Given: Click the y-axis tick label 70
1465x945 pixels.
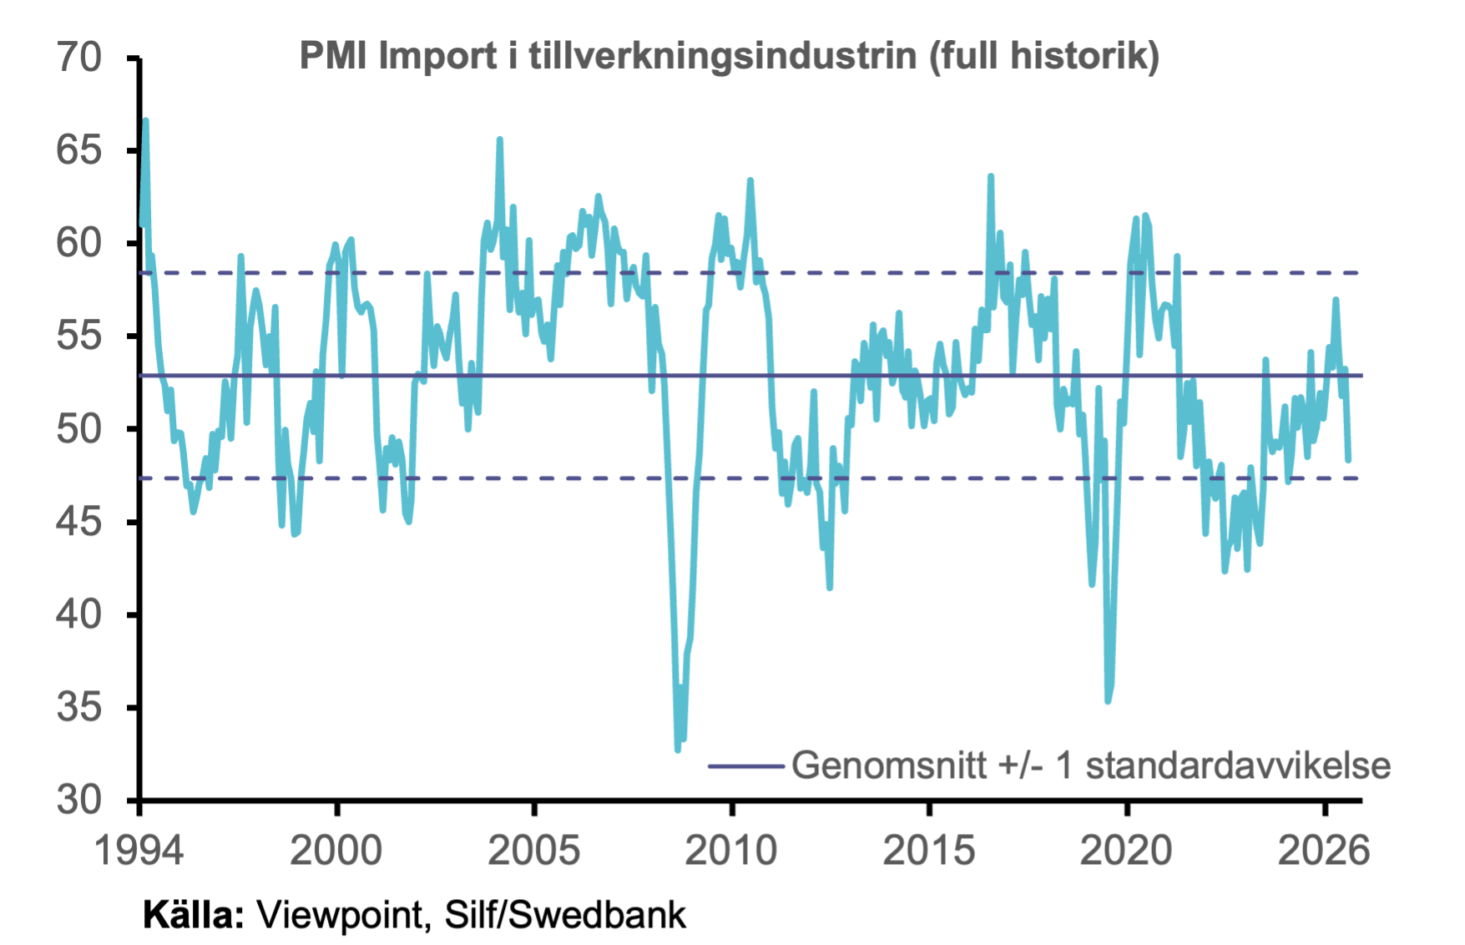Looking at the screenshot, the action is pos(78,58).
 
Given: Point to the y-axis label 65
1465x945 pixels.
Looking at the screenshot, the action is pos(78,150).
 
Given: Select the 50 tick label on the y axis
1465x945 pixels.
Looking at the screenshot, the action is pos(78,429).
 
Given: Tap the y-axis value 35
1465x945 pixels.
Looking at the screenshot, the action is pos(78,708).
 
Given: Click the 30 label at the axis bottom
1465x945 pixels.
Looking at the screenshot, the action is pos(78,800).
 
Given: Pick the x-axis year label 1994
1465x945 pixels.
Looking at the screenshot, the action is pos(139,851).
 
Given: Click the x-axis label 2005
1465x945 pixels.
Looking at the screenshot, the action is pos(534,851).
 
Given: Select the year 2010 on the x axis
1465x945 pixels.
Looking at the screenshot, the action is pos(731,851).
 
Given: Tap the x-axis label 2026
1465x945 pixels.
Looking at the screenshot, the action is pos(1324,851).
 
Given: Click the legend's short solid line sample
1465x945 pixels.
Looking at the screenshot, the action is pos(745,766).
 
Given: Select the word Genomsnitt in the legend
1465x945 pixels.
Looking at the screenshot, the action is pos(889,765).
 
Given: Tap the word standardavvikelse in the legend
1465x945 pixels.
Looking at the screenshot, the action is pos(1238,765).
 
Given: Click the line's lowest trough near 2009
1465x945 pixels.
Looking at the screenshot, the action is pos(678,750).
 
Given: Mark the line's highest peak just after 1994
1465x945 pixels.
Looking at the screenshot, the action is pos(145,121).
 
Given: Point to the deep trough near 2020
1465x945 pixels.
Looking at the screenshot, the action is pos(1108,700).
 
